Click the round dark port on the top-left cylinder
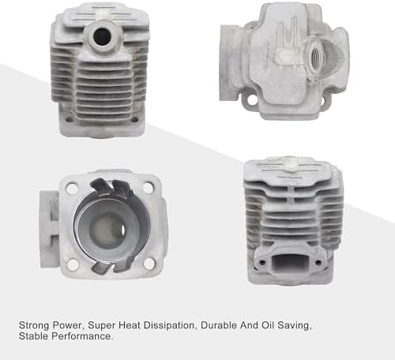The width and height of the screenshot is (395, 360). tap(102, 36)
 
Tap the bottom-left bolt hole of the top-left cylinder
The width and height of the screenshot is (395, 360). tap(69, 119)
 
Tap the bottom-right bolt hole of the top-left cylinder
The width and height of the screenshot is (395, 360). tap(134, 119)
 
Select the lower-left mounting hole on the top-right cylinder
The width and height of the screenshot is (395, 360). tap(252, 100)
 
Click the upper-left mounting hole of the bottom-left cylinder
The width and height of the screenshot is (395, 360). tap(71, 188)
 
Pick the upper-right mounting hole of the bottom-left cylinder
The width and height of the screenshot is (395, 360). tap(148, 188)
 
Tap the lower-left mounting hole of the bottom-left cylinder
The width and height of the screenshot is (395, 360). tap(73, 264)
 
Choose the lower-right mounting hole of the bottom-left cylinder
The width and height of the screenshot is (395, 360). tap(149, 264)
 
